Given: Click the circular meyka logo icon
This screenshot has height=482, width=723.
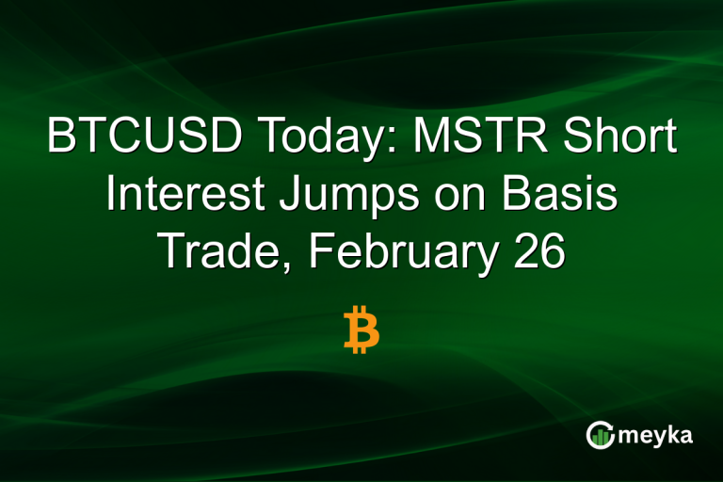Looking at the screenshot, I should (x=599, y=435).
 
